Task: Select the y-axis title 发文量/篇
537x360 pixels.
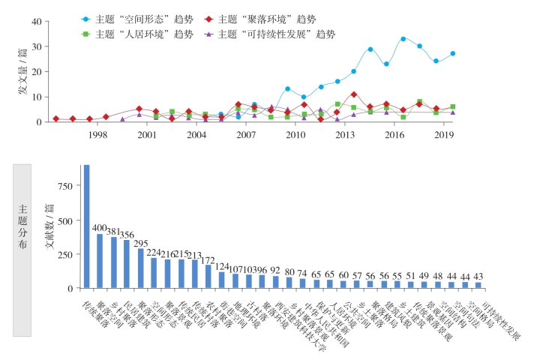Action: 23,80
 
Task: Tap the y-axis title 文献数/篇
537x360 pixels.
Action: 49,224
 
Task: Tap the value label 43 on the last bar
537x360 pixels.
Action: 478,277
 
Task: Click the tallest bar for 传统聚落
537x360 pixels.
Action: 86,226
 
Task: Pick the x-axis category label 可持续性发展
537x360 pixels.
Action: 502,318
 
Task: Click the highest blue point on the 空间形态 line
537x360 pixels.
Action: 403,38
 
